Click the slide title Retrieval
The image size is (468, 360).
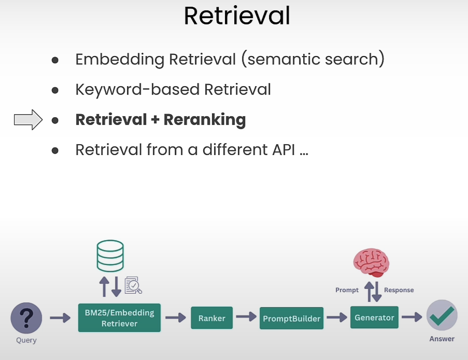tap(237, 16)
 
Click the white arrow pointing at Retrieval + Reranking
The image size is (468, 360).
tap(28, 120)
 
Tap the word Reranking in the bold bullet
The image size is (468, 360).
tap(205, 120)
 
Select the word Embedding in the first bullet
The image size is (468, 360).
tap(120, 60)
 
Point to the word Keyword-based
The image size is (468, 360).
tap(137, 90)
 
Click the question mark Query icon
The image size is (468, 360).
tap(26, 318)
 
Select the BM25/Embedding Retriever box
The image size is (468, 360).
tap(119, 318)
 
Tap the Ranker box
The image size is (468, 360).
tap(211, 318)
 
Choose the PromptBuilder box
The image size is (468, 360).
tap(291, 318)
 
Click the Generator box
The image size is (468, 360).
tap(374, 317)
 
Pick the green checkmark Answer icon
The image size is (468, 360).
tap(442, 315)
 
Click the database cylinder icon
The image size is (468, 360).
tap(110, 256)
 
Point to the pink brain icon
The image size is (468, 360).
tap(371, 262)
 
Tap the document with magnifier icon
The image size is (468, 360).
tap(133, 285)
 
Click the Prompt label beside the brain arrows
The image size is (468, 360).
tap(347, 290)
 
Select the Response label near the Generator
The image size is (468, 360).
tap(399, 290)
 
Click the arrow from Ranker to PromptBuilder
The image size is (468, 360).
tap(246, 316)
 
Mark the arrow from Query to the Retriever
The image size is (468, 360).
tap(60, 317)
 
